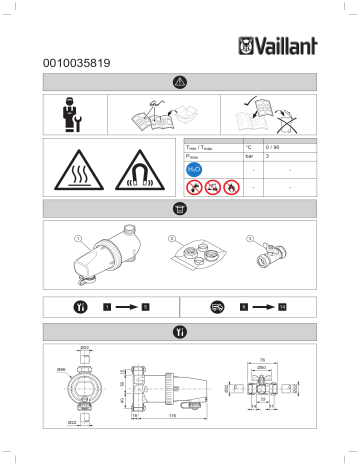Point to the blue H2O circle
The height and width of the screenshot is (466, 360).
[x=195, y=170]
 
